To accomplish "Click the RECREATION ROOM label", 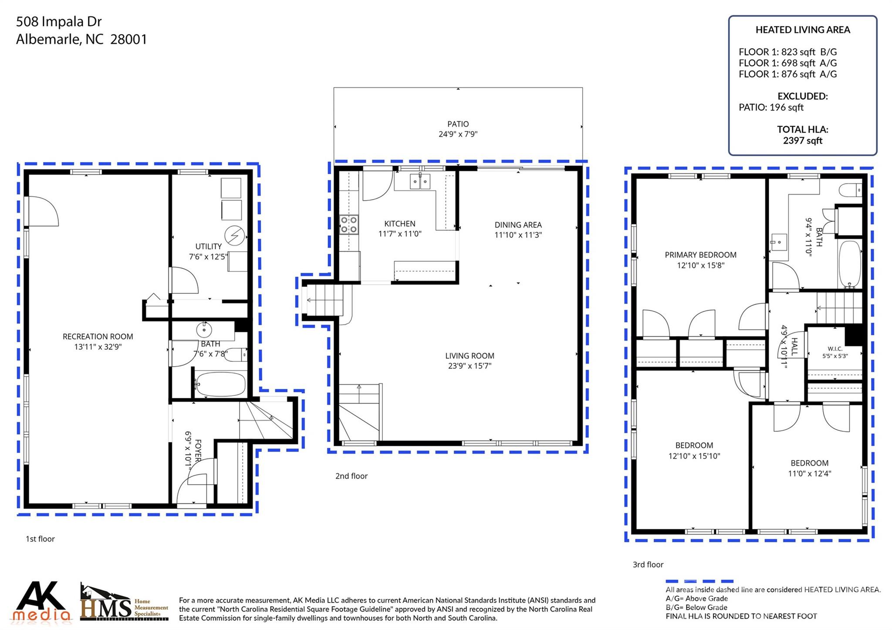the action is [x=98, y=337].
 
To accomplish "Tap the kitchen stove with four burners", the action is [x=349, y=225].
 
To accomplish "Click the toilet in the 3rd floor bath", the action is [x=851, y=190].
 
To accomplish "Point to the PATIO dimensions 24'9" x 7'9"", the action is [x=458, y=134].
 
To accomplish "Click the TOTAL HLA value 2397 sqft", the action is [x=802, y=141].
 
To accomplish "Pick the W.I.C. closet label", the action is [x=835, y=349].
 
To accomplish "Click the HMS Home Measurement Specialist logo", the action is [x=124, y=602].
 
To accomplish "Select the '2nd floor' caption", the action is [x=351, y=476].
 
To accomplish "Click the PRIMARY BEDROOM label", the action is [x=700, y=255].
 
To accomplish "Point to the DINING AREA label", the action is [x=518, y=225].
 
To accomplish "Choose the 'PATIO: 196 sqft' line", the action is [x=771, y=107].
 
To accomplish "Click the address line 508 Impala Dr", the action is [x=59, y=21].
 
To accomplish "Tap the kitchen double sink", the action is [x=420, y=181].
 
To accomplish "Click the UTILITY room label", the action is [x=208, y=246].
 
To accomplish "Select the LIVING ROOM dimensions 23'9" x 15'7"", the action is [x=470, y=366].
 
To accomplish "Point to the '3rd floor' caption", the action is [x=648, y=565].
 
